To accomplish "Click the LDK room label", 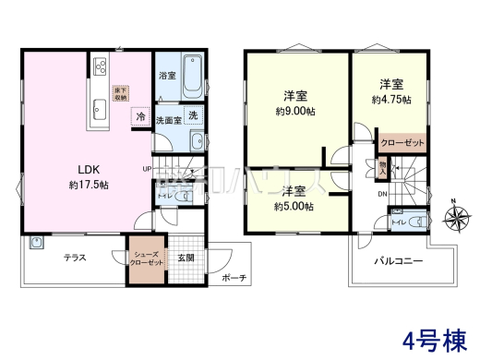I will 78,170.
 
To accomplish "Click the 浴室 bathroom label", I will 167,75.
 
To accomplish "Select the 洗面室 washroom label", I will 167,120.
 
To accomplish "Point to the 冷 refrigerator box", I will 140,116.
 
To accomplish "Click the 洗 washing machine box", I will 193,115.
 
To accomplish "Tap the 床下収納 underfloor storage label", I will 120,92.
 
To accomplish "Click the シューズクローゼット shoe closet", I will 148,258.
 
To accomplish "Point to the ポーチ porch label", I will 234,278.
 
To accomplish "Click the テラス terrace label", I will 76,258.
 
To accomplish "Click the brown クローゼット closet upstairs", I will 402,145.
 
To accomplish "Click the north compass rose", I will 455,218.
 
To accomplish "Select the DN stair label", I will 382,195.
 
